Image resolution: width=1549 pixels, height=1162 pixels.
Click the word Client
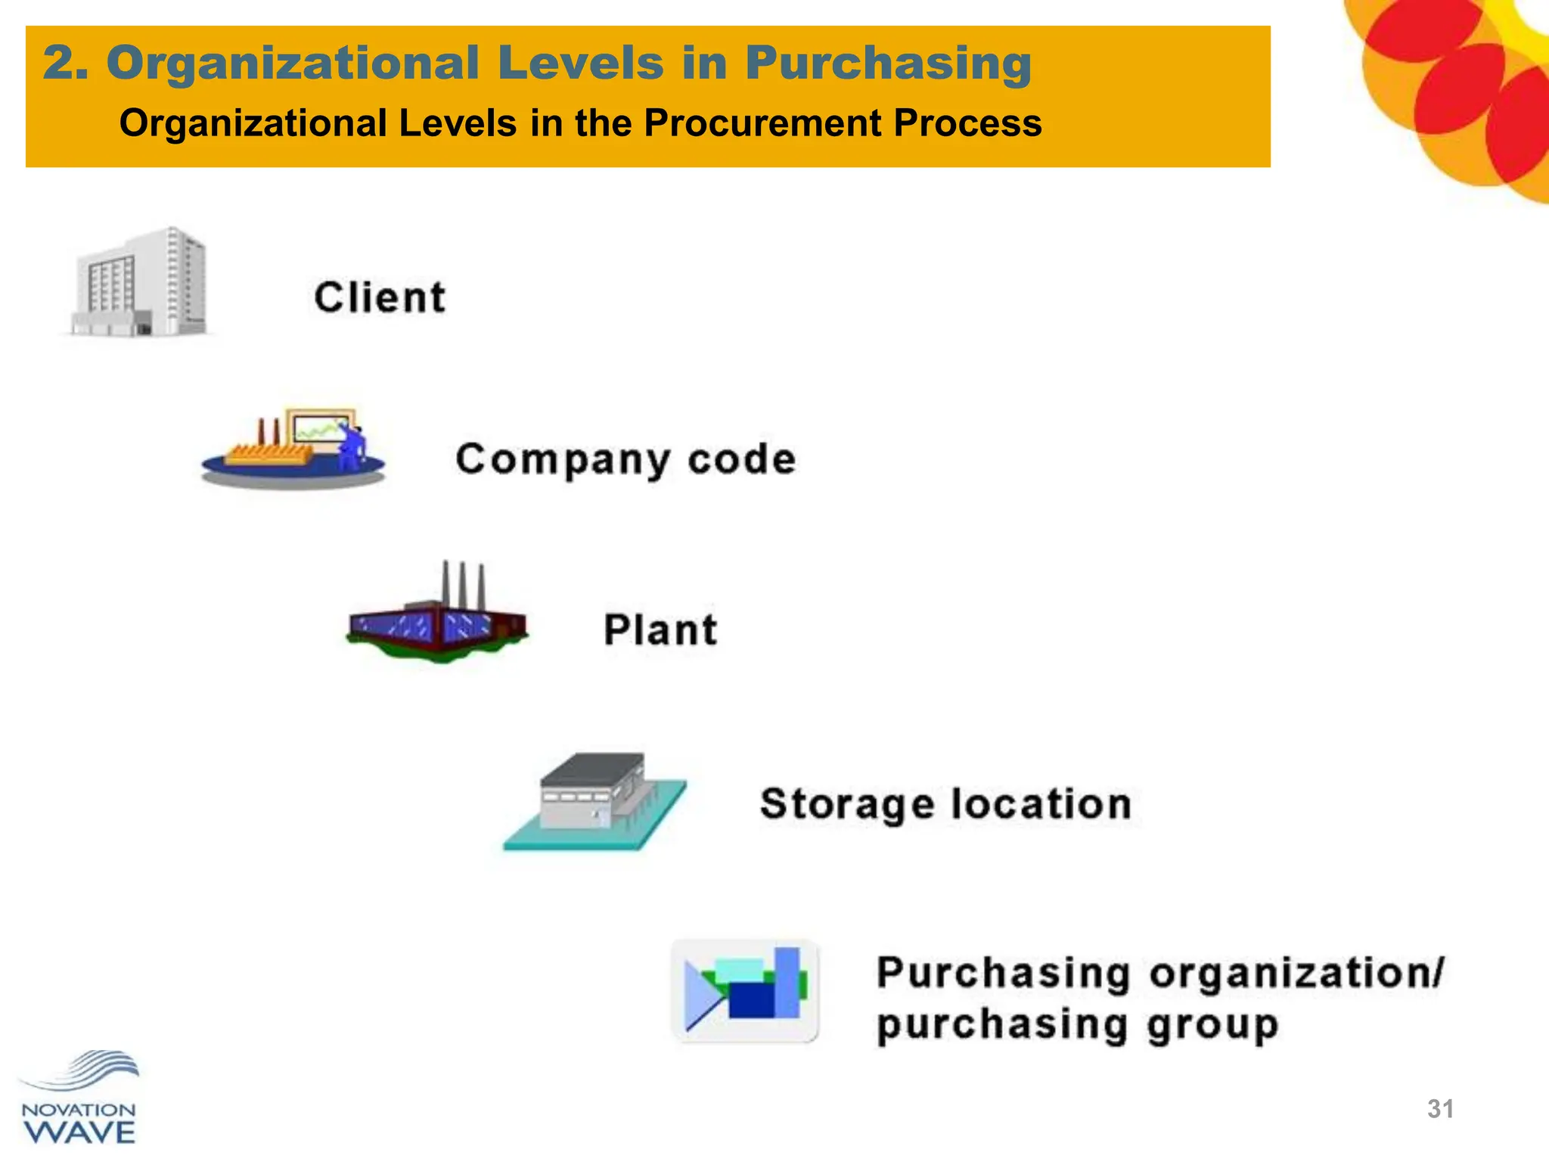[x=380, y=297]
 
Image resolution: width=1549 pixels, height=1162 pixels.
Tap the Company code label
[x=625, y=459]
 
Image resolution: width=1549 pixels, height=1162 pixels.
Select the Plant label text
[x=660, y=629]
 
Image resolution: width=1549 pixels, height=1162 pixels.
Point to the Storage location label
[x=945, y=803]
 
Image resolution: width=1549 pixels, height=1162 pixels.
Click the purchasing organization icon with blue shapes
[x=746, y=991]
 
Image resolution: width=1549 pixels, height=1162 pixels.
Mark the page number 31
[x=1440, y=1109]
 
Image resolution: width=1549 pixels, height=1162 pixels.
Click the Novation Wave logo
[x=79, y=1098]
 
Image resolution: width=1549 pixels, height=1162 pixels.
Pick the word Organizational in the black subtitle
[x=253, y=123]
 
